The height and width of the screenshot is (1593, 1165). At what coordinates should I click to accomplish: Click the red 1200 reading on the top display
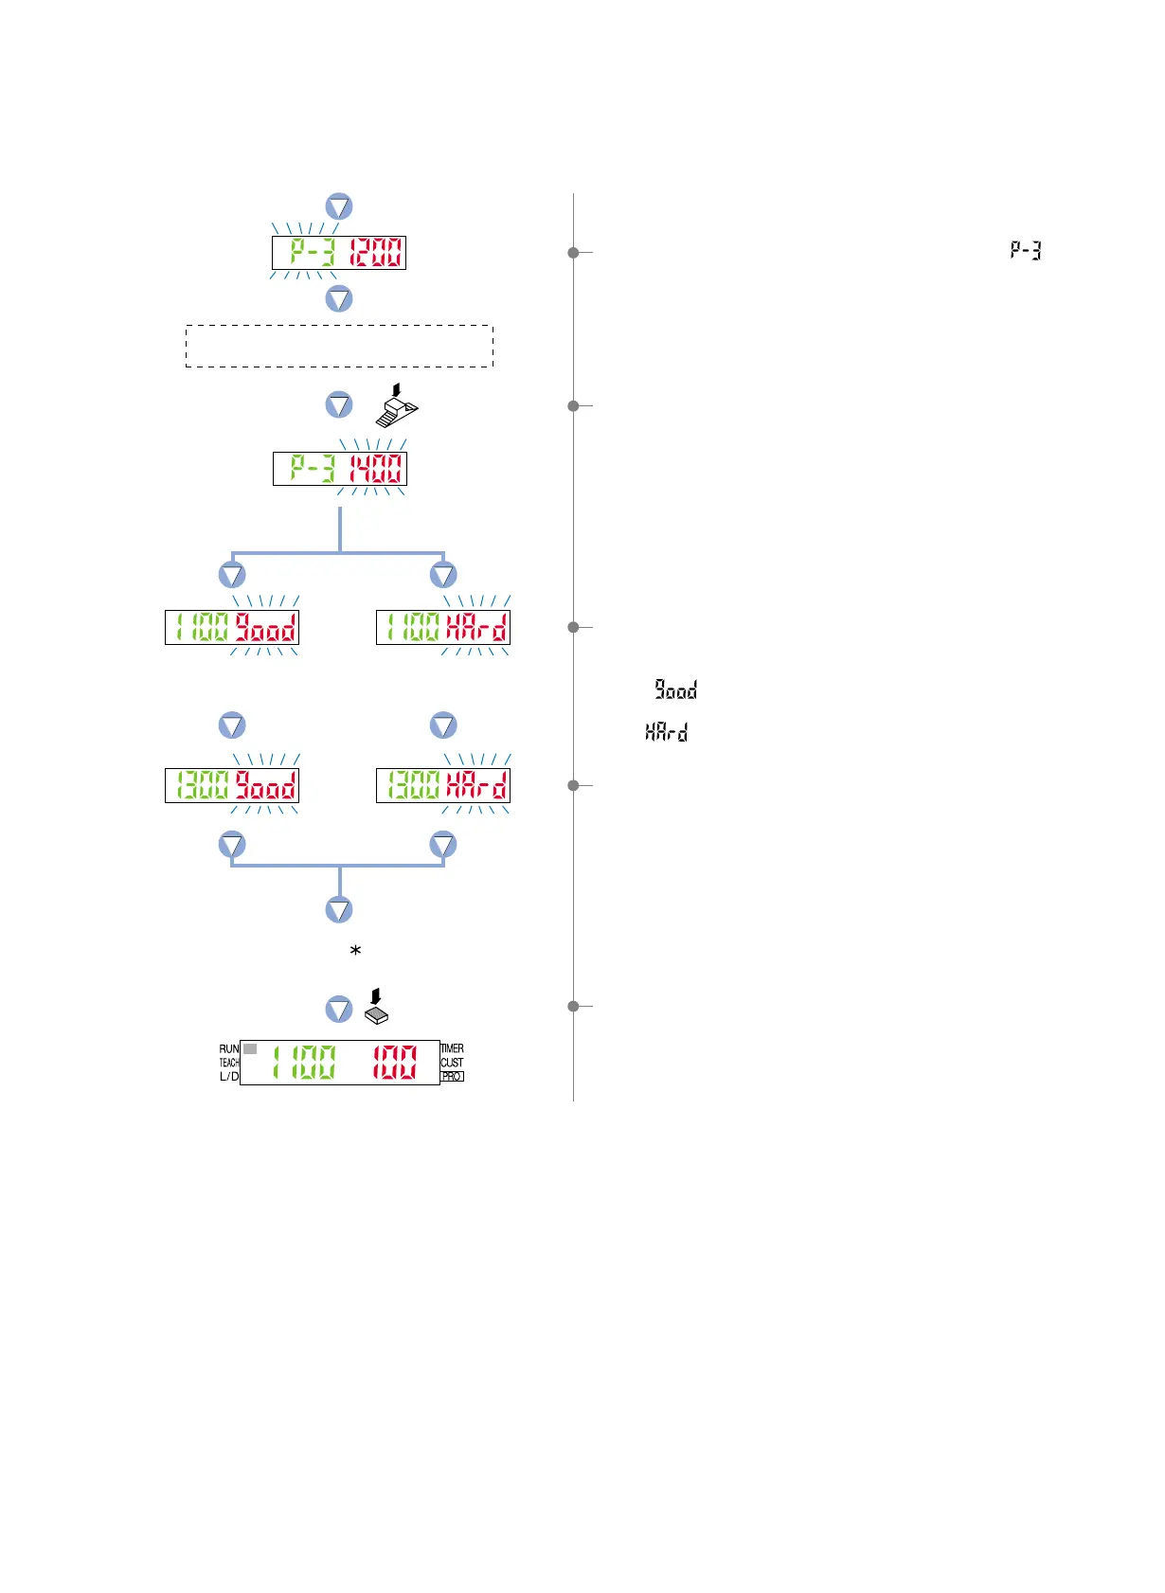click(x=376, y=253)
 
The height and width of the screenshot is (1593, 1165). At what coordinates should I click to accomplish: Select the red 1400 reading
click(x=376, y=469)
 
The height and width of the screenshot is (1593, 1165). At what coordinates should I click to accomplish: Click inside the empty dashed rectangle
click(x=339, y=346)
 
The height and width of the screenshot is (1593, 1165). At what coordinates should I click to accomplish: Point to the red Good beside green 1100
click(x=266, y=627)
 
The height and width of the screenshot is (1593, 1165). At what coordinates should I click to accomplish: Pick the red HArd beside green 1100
click(x=476, y=627)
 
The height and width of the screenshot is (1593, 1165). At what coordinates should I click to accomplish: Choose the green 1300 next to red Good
click(x=203, y=785)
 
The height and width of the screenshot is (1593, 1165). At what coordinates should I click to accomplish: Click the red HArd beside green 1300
click(x=476, y=785)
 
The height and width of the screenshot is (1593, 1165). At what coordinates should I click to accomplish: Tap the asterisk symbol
click(x=356, y=950)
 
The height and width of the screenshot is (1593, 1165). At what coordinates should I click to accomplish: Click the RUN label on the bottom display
click(x=229, y=1049)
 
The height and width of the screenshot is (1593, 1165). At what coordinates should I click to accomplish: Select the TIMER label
click(x=453, y=1048)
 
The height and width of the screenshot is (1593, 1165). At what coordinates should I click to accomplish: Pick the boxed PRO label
click(x=453, y=1077)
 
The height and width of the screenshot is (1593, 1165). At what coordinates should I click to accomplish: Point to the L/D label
click(x=229, y=1077)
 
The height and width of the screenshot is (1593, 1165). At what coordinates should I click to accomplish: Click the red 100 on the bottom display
click(x=394, y=1063)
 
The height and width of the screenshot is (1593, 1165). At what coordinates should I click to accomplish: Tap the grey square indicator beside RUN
click(x=250, y=1049)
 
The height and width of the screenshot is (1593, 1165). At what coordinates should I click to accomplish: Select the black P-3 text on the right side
click(x=1026, y=251)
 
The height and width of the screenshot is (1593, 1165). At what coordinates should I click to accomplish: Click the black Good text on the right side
click(x=676, y=690)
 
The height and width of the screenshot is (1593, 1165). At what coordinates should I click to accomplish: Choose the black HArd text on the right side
click(x=667, y=731)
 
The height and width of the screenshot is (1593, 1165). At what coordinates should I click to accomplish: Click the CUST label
click(x=452, y=1063)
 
